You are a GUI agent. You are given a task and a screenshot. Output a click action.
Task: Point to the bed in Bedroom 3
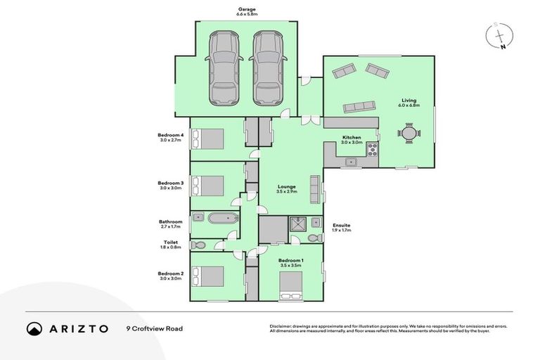pos(209,185)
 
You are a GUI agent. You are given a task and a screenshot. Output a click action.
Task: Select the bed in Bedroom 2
pos(209,276)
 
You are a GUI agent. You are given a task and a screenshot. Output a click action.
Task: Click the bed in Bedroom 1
pos(291,284)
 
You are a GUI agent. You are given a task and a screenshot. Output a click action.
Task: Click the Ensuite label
pos(341,225)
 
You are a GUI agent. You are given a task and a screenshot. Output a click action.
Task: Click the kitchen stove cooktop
pos(373,148)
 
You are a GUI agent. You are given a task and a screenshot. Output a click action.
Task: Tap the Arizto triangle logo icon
pos(34,328)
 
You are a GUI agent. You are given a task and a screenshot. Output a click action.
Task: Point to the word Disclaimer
pos(281,326)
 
